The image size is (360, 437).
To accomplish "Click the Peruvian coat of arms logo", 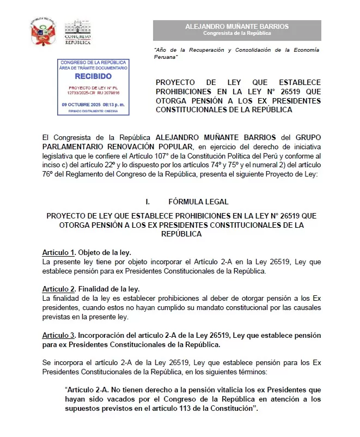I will coord(44,33).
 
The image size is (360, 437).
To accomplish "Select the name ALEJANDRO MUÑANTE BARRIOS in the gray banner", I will coord(237,26).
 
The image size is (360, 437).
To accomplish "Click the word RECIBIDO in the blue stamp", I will coord(93,76).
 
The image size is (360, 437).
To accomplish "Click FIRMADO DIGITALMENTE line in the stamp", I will coord(93,111).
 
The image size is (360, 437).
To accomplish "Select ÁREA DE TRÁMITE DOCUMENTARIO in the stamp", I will coord(93,68).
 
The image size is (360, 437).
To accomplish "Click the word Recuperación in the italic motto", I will coord(211,50).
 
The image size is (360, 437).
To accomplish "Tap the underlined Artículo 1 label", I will coord(58,253).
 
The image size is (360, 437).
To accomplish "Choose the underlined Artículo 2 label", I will coord(58,289).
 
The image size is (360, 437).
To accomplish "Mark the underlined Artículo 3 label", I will coord(58,333).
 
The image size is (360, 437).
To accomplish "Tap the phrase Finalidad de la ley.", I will coord(109,289).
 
